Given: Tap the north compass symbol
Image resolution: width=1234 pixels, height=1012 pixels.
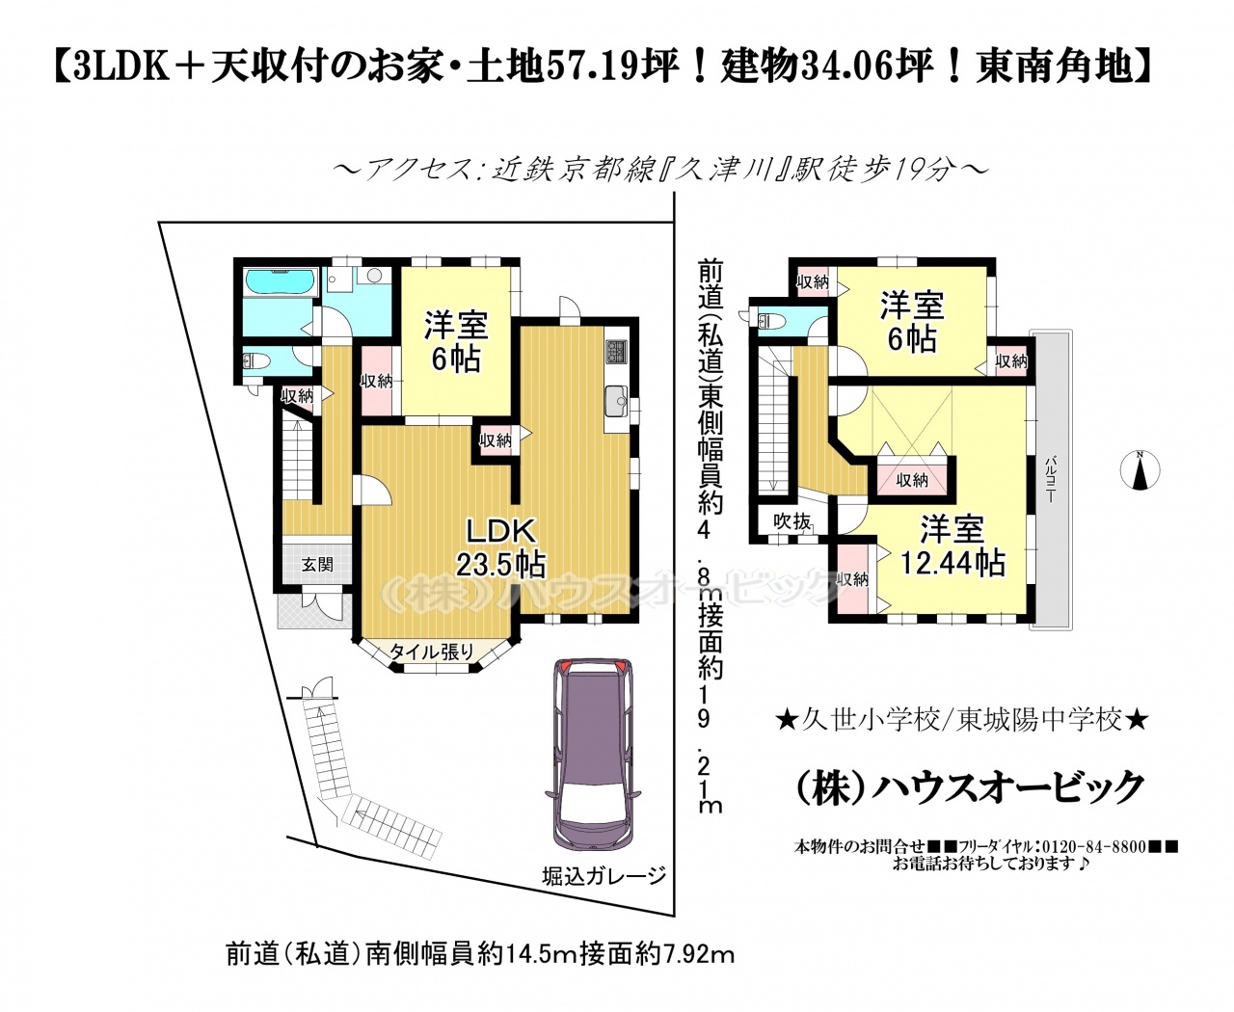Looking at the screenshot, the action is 1140,470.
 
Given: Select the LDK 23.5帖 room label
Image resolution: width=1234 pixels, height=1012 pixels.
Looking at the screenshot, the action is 501,548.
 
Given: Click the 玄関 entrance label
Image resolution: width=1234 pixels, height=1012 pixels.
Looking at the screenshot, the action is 317,565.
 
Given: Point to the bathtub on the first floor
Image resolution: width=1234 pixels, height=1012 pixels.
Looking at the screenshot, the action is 281,282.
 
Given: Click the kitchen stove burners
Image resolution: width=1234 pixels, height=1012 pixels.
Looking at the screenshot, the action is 616,352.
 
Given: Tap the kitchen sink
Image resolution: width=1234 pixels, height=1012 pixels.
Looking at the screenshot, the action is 616,401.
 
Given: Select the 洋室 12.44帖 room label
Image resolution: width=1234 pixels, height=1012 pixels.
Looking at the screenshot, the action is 952,546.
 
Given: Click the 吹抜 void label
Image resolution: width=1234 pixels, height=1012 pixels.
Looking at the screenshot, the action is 791,521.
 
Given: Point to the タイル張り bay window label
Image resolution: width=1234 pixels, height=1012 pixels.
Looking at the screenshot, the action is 432,652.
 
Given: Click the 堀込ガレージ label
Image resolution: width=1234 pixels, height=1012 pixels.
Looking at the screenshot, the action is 604,892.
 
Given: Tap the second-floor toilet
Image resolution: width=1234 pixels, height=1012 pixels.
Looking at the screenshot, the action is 772,321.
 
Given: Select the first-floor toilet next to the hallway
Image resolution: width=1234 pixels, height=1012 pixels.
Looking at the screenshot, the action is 256,360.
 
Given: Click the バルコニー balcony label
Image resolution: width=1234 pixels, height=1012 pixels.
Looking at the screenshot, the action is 1051,481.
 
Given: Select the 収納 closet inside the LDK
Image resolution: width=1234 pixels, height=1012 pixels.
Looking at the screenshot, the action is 496,440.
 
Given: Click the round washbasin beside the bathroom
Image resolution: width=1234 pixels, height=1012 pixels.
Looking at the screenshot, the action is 373,275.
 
